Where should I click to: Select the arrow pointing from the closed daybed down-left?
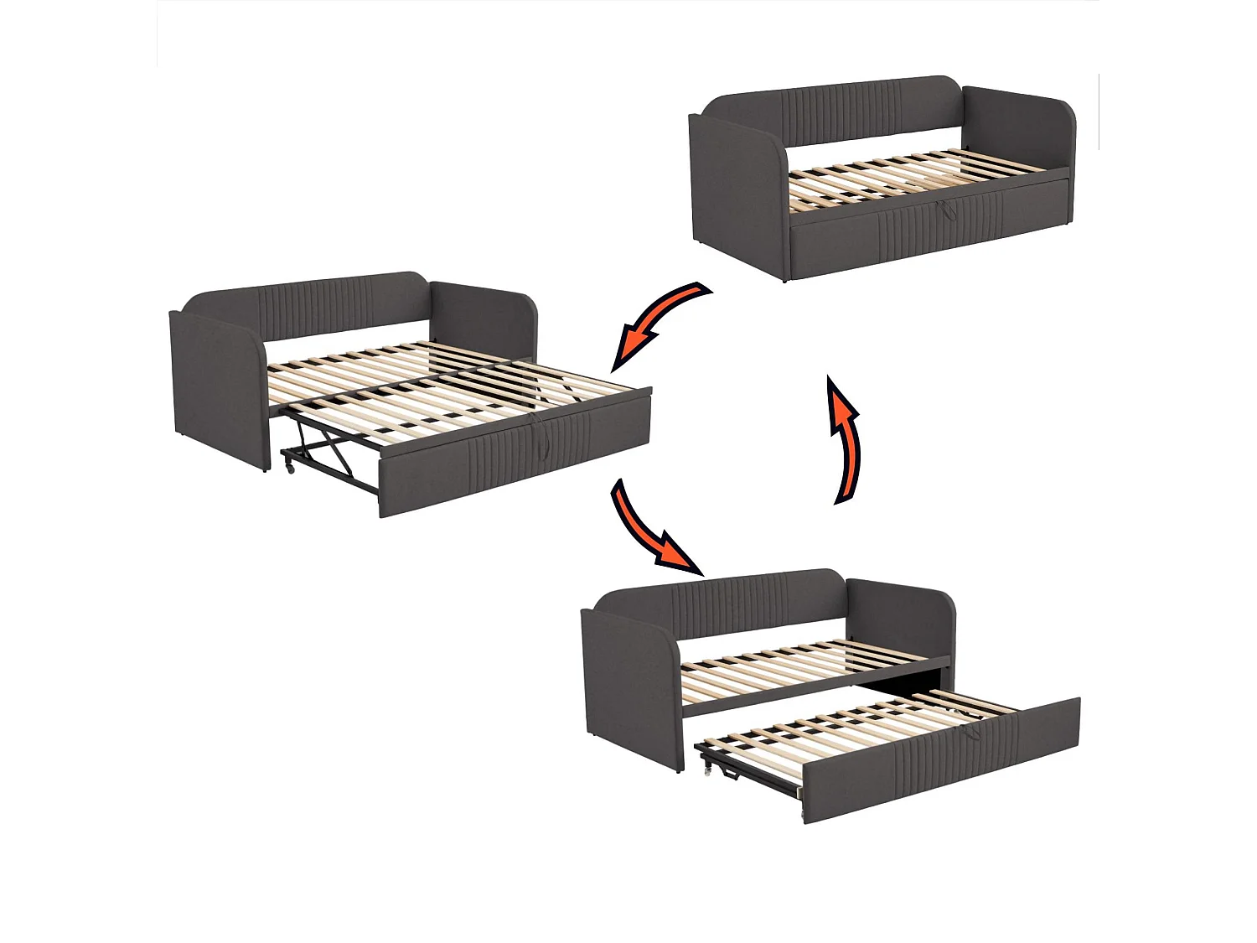tap(658, 323)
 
